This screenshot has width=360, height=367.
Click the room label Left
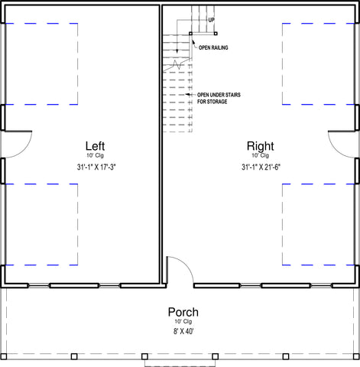(x=95, y=146)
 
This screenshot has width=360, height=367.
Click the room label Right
(x=261, y=146)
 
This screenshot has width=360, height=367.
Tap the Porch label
(x=183, y=312)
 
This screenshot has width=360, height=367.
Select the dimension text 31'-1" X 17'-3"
(x=96, y=167)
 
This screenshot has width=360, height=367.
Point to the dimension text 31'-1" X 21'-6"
(x=261, y=167)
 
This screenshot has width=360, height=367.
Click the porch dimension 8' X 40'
(x=183, y=331)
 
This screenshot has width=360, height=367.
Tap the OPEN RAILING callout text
(x=213, y=47)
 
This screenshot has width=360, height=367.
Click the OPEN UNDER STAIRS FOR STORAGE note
(x=219, y=98)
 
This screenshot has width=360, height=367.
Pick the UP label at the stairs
(x=212, y=20)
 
